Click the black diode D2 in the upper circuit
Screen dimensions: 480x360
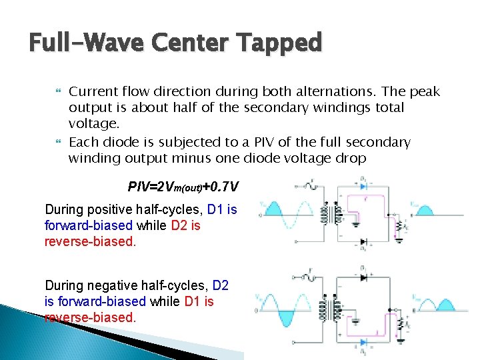pos(362,241)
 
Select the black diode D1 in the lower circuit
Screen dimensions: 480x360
pos(362,275)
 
